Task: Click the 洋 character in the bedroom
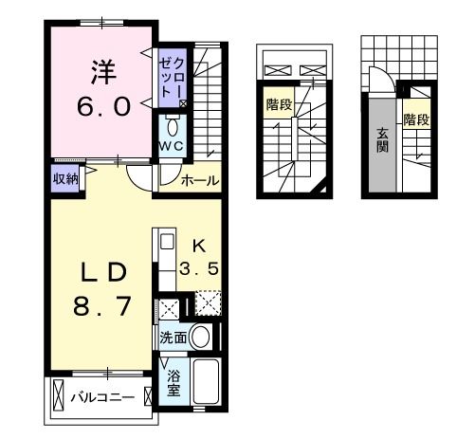point(103,72)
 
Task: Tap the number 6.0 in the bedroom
point(102,106)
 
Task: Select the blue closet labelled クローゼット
point(174,76)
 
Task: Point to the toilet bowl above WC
point(173,126)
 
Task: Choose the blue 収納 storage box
point(65,177)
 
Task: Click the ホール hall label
point(200,180)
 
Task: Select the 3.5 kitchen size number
point(200,268)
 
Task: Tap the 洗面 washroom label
point(172,337)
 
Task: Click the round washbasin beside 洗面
point(199,337)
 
